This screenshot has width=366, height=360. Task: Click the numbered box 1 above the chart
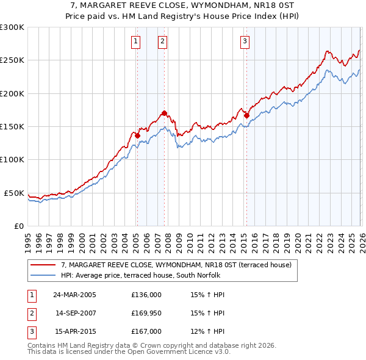[135, 41]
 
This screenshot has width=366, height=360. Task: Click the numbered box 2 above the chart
[163, 41]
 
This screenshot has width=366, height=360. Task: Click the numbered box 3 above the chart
[245, 41]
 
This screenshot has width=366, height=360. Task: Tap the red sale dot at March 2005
[137, 135]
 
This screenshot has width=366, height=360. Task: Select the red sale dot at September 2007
[164, 113]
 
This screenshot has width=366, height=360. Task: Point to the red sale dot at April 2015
[246, 115]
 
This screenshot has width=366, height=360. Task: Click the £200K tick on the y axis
[12, 93]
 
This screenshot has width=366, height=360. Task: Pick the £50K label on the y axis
[15, 193]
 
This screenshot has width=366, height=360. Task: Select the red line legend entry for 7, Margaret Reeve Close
[176, 265]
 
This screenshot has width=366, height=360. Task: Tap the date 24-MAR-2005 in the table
[74, 295]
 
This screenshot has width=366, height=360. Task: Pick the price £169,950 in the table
[146, 313]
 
